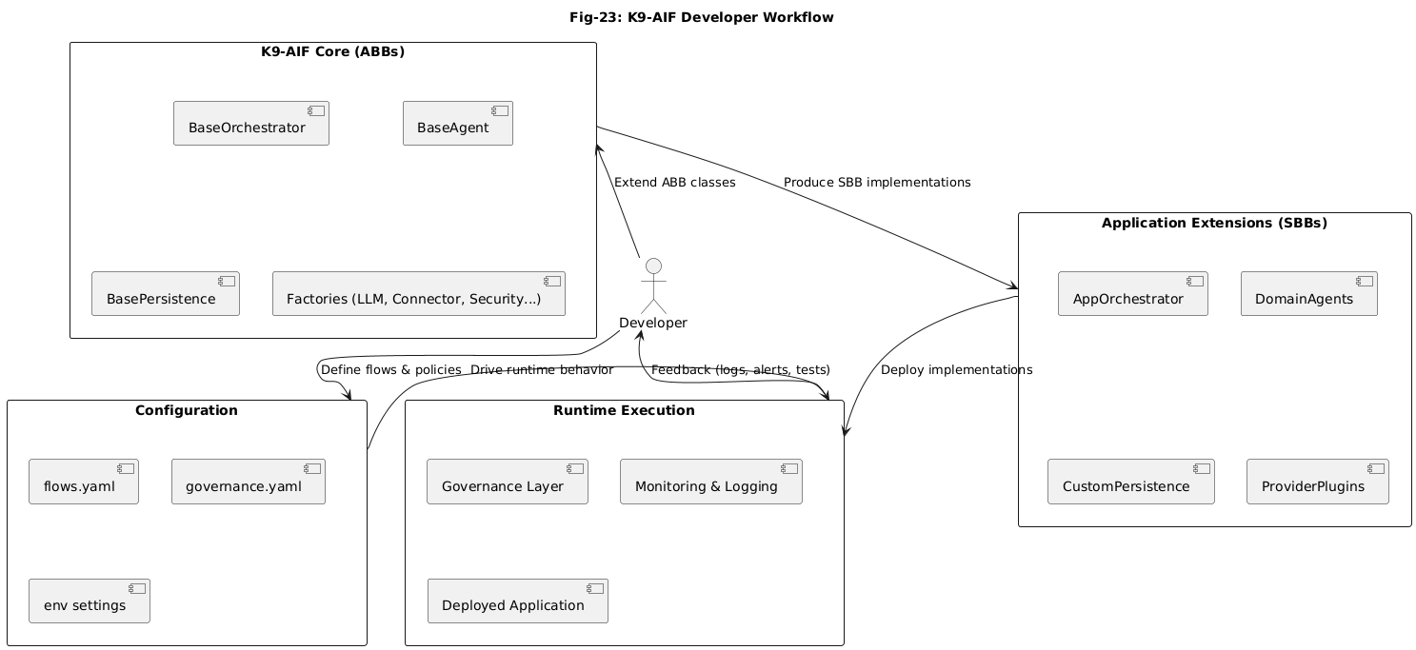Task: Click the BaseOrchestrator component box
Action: [x=250, y=124]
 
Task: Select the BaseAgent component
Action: [x=457, y=124]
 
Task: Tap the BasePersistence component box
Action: [x=165, y=294]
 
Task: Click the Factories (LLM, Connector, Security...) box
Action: [x=418, y=294]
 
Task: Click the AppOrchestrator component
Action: [x=1132, y=294]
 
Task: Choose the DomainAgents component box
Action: [x=1309, y=294]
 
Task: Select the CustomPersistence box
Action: [x=1131, y=482]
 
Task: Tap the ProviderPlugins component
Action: [x=1317, y=482]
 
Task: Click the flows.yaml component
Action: [x=84, y=482]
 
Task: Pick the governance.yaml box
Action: [x=249, y=482]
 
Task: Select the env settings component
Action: [x=90, y=601]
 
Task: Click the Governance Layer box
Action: [x=508, y=482]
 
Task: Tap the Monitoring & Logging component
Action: [x=710, y=482]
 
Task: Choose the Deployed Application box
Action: [x=517, y=601]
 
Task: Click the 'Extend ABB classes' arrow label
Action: [x=674, y=183]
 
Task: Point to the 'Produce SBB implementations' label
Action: [x=876, y=183]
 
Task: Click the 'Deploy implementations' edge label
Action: [x=956, y=370]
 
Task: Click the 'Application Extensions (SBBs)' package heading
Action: [x=1213, y=224]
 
